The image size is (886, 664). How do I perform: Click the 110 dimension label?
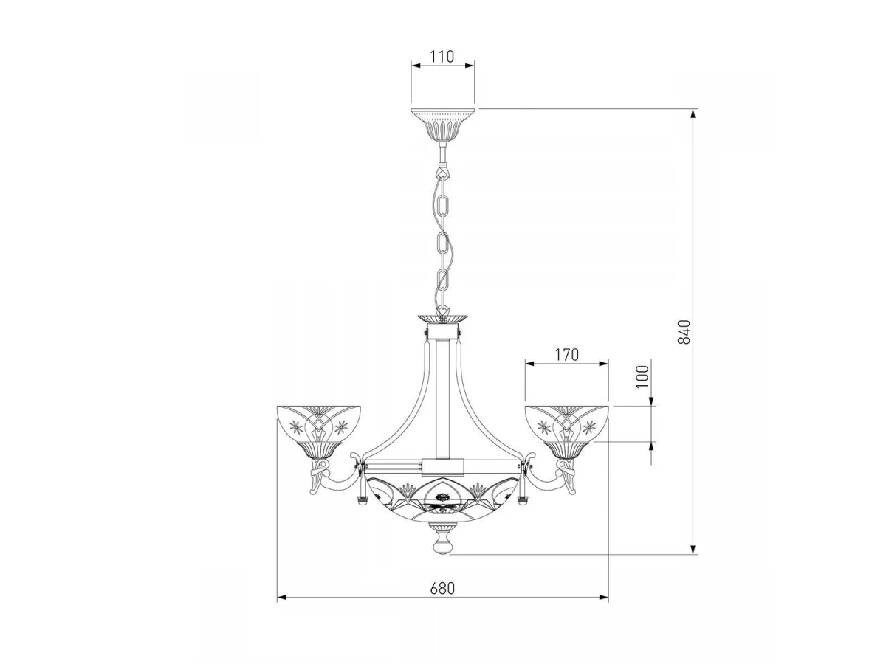pos(442,57)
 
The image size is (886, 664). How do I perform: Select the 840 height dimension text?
pos(684,332)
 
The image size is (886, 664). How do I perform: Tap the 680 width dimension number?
pos(442,588)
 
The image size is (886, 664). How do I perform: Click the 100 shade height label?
pos(642,376)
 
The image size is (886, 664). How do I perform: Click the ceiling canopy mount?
pos(442,124)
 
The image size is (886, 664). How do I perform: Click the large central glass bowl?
pos(443,501)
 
